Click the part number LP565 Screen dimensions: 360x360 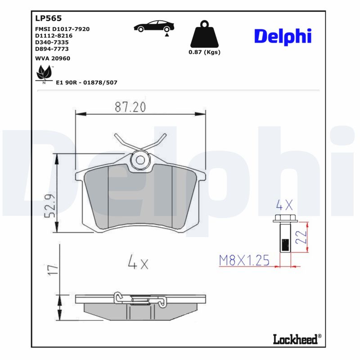[x=48, y=18]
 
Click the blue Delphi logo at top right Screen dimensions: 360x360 [x=283, y=36]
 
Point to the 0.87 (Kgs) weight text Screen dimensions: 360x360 [x=204, y=52]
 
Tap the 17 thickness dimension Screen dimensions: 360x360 [x=53, y=270]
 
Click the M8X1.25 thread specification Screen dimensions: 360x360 [x=243, y=260]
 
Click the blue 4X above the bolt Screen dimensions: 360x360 [x=284, y=206]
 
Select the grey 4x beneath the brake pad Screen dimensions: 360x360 [x=138, y=262]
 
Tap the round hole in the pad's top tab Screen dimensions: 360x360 [x=140, y=160]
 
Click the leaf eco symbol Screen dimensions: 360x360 [x=44, y=73]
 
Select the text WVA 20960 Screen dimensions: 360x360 [x=53, y=58]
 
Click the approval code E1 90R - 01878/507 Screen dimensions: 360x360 [x=86, y=83]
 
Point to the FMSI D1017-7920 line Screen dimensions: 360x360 [x=62, y=29]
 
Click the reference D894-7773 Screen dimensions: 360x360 [x=52, y=49]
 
